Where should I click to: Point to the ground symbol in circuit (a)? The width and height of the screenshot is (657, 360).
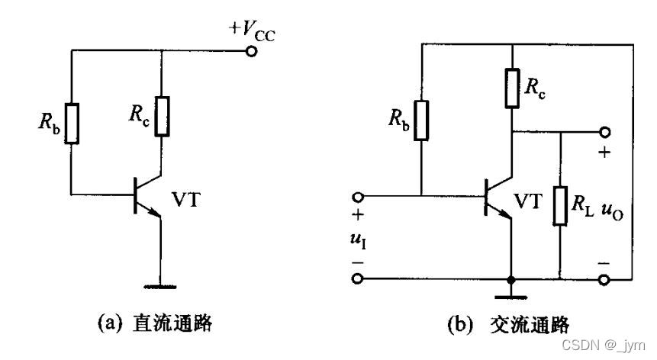click(160, 287)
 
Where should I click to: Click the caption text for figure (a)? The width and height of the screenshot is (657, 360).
click(153, 323)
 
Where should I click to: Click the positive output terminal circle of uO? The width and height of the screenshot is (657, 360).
click(605, 131)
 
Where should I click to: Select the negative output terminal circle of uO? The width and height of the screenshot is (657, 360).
click(605, 279)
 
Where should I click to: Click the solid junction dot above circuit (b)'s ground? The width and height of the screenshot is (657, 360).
click(512, 279)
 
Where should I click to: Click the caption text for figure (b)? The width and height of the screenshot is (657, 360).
click(507, 323)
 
